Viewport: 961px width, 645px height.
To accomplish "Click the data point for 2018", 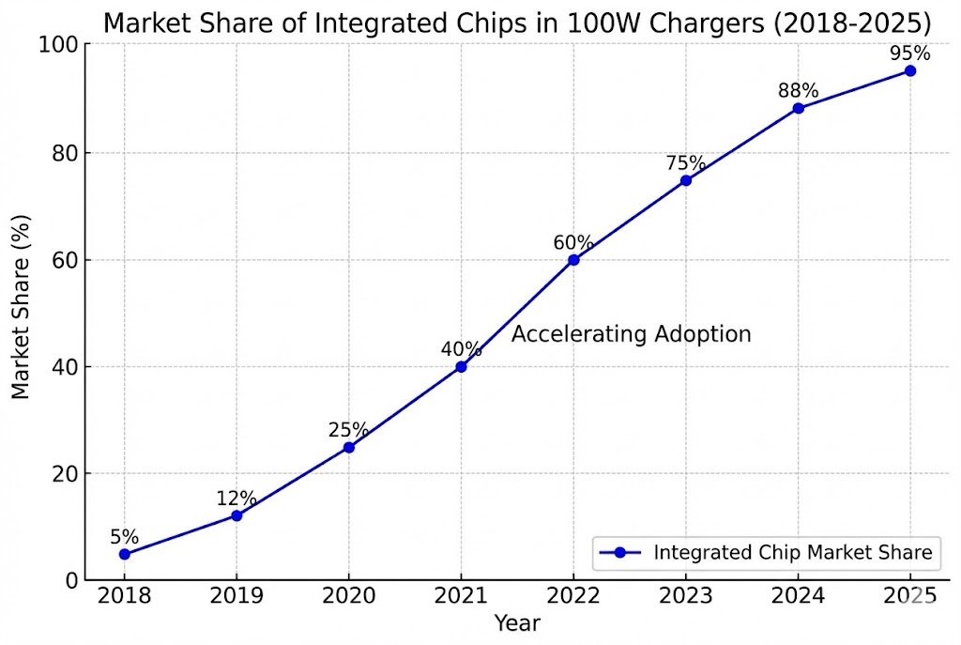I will coord(124,554).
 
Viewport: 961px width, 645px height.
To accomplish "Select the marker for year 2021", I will coord(461,366).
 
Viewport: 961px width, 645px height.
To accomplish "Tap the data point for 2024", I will coord(798,108).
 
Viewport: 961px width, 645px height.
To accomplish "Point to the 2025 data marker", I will coord(909,70).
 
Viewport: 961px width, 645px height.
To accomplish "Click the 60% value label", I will coord(572,242).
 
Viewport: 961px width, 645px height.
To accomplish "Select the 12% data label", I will coord(236,499).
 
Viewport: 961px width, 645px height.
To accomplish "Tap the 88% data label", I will coord(798,91).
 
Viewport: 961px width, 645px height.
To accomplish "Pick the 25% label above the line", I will coord(348,430).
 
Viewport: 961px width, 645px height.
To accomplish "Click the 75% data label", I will coord(685,163).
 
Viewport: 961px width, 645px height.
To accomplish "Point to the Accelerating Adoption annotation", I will coord(631,334).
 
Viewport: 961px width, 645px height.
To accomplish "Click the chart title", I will coord(518,23).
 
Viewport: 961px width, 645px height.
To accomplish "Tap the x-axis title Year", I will coord(517,622).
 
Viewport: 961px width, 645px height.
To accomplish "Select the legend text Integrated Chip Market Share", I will coord(793,553).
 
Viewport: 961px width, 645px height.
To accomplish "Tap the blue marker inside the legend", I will coord(619,553).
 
